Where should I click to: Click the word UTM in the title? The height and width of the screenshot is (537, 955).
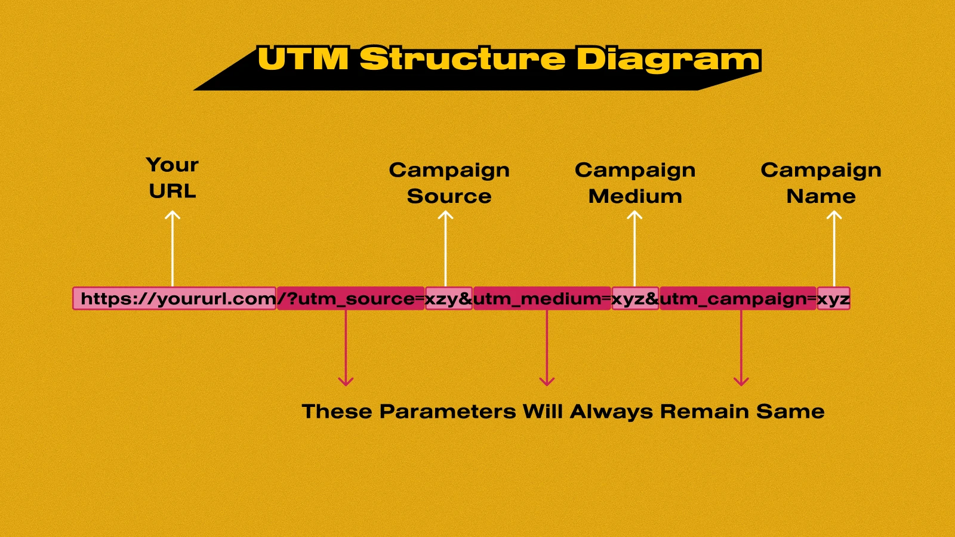[303, 59]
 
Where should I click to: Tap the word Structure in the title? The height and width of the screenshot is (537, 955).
[463, 59]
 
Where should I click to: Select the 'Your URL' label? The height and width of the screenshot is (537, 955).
[172, 178]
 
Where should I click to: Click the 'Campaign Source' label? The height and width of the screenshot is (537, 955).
[449, 183]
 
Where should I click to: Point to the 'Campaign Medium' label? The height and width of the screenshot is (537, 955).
[635, 183]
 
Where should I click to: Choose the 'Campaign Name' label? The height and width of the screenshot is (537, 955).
[821, 183]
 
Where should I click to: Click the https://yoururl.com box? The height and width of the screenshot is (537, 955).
[175, 298]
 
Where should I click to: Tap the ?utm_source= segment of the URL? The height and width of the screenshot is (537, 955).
[351, 298]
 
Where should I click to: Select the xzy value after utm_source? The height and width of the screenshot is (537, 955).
[449, 298]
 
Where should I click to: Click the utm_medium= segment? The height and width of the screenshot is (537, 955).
[542, 298]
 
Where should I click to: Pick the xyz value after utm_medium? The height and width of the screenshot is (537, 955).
[635, 298]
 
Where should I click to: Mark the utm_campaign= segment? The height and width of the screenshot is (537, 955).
[738, 298]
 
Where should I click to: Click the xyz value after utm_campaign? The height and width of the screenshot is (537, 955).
[833, 298]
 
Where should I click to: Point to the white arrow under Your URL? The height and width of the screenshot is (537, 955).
[172, 248]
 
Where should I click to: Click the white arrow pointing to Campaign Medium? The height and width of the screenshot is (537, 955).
[634, 248]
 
